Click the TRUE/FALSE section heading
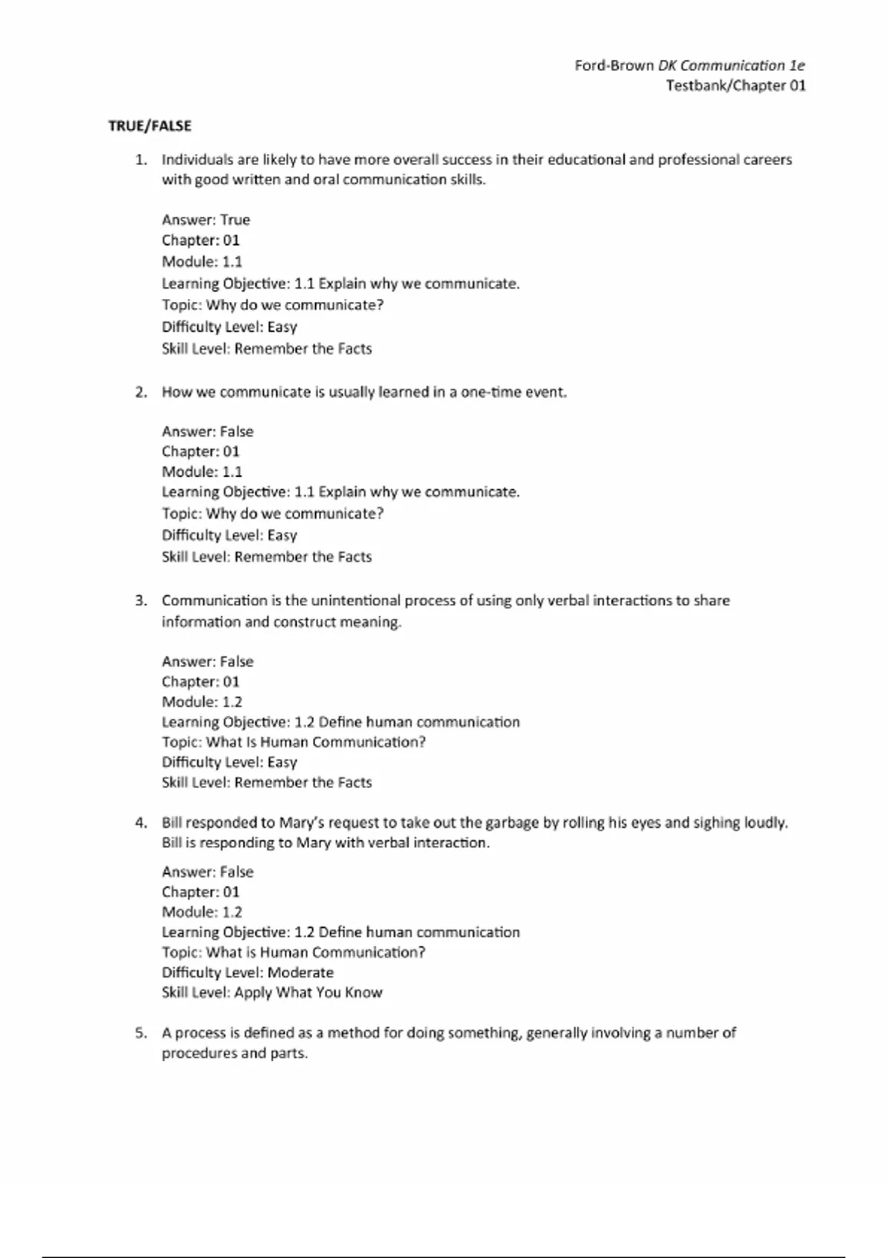pos(149,126)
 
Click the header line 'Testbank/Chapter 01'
pos(736,86)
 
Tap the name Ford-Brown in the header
pos(614,66)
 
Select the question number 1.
pos(141,160)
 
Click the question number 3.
pos(141,601)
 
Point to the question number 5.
pos(141,1033)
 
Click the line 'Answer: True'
pos(206,220)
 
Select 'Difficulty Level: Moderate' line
pos(247,972)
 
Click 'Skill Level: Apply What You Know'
pos(272,992)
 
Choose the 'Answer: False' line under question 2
pos(207,431)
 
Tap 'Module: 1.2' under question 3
pos(202,702)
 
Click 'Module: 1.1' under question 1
pos(202,261)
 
